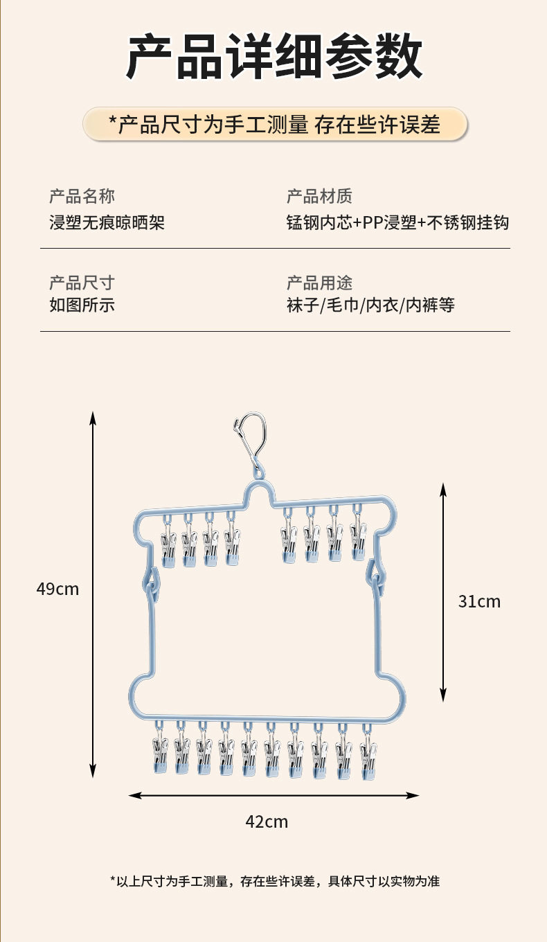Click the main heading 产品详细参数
click(274, 57)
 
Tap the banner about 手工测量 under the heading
click(275, 125)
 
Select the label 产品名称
click(82, 196)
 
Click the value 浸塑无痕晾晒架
click(107, 222)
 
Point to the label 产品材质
click(319, 196)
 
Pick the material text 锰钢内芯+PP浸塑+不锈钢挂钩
click(397, 222)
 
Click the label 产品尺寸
click(82, 283)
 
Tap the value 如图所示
click(82, 305)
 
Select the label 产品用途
click(319, 283)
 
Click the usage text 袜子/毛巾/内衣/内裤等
click(370, 305)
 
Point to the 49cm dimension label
click(57, 589)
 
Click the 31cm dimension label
click(479, 601)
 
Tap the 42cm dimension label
click(267, 822)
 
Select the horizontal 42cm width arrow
click(274, 796)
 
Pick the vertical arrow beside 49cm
click(93, 594)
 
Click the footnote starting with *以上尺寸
click(275, 881)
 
